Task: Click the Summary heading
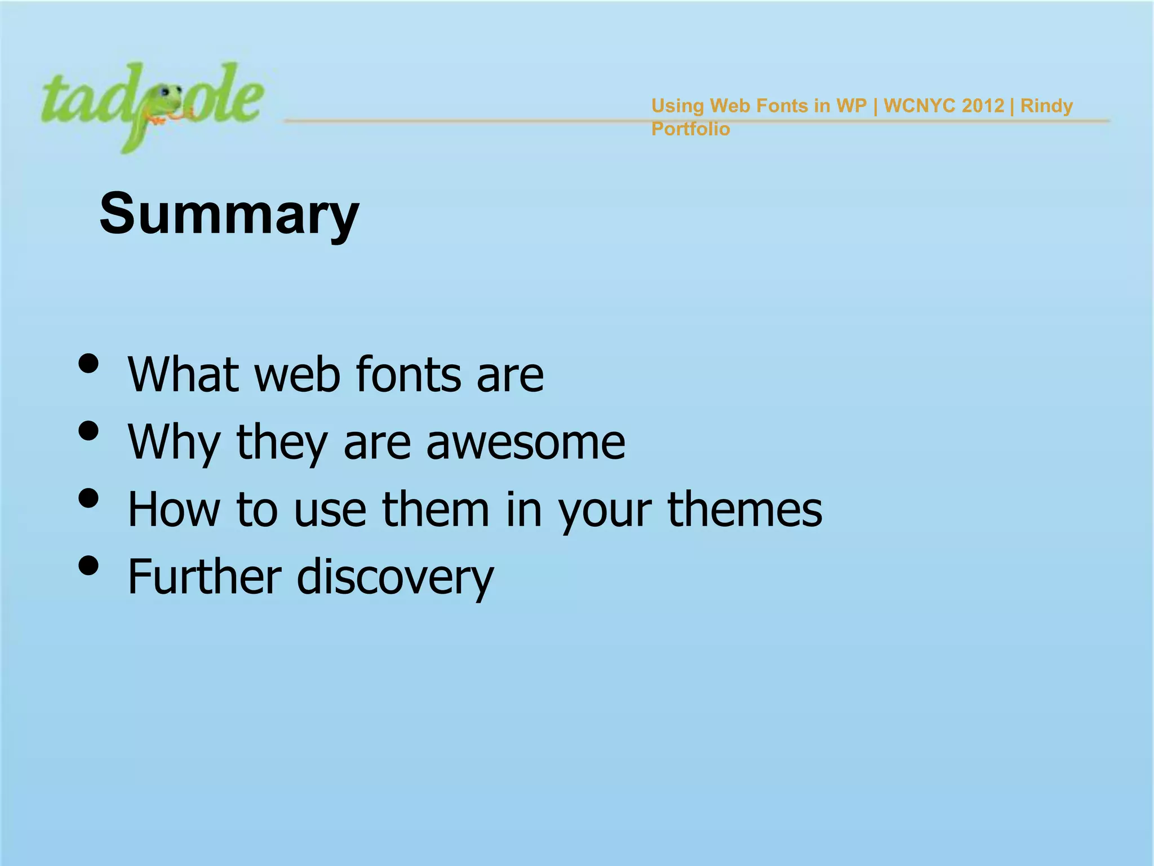(229, 214)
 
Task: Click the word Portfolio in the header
(690, 129)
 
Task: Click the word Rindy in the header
(1046, 105)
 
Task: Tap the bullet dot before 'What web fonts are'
(89, 364)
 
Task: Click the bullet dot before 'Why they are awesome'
(89, 431)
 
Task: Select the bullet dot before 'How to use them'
(89, 498)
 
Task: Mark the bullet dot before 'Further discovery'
(89, 565)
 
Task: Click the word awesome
(525, 443)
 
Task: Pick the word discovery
(395, 577)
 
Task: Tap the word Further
(205, 577)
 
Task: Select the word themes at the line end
(744, 510)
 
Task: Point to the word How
(174, 510)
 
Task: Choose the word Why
(174, 443)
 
